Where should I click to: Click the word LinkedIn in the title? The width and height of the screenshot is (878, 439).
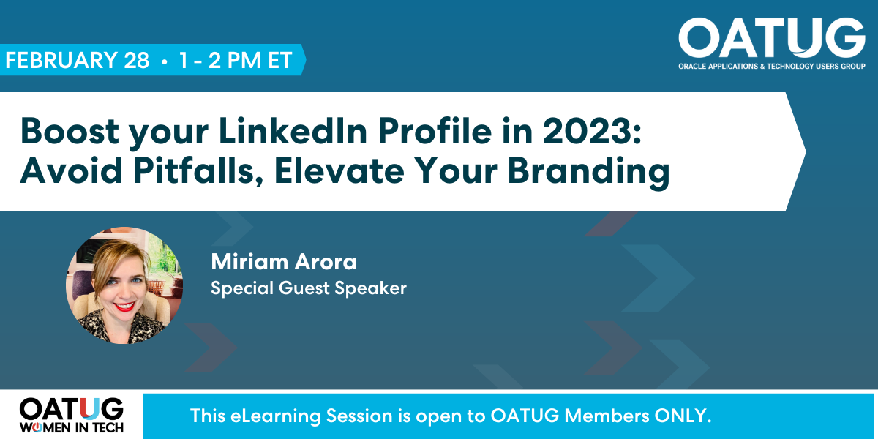[x=293, y=131]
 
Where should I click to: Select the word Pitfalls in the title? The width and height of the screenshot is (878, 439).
[x=198, y=171]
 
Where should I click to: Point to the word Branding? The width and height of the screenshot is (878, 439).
[x=588, y=173]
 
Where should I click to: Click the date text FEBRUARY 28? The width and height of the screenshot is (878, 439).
[x=78, y=60]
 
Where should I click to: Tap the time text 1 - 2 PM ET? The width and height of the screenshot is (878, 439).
[x=236, y=60]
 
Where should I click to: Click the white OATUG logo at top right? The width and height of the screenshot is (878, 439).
[x=772, y=38]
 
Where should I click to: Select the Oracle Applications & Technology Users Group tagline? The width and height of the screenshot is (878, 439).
[x=772, y=67]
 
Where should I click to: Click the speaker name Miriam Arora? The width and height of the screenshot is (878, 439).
[x=284, y=261]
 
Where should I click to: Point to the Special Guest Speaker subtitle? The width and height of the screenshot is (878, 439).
[x=309, y=288]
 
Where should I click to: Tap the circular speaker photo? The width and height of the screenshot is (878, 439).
[x=124, y=285]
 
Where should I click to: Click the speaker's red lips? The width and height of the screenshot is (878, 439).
[x=124, y=306]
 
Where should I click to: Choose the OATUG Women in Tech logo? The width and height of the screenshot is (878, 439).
[x=72, y=416]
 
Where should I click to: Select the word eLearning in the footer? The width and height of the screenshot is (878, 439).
[x=276, y=416]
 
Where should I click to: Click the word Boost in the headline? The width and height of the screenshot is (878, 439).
[x=70, y=131]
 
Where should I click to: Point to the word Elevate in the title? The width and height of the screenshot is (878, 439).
[x=339, y=171]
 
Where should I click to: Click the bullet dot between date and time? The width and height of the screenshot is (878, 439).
[x=164, y=61]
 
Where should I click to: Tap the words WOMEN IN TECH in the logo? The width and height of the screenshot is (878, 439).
[x=72, y=427]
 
